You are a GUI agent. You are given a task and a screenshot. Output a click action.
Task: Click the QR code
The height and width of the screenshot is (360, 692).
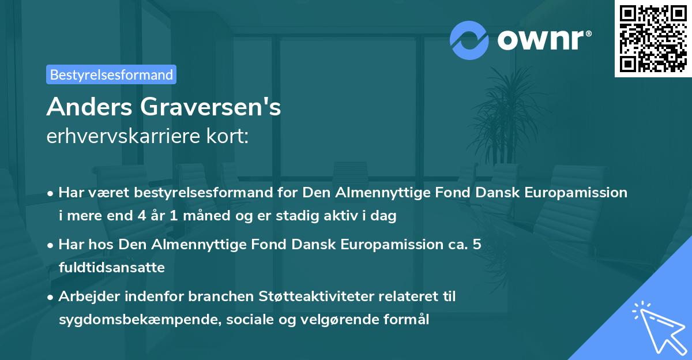point(652,39)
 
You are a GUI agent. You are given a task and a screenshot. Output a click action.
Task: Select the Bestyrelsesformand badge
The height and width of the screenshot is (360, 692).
point(111,74)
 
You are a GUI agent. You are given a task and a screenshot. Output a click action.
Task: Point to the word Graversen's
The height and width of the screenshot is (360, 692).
point(211,108)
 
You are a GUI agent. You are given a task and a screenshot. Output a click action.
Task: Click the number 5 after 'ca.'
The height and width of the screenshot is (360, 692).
point(476,245)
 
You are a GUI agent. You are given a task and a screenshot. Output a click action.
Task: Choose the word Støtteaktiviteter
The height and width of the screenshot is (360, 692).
point(307,297)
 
